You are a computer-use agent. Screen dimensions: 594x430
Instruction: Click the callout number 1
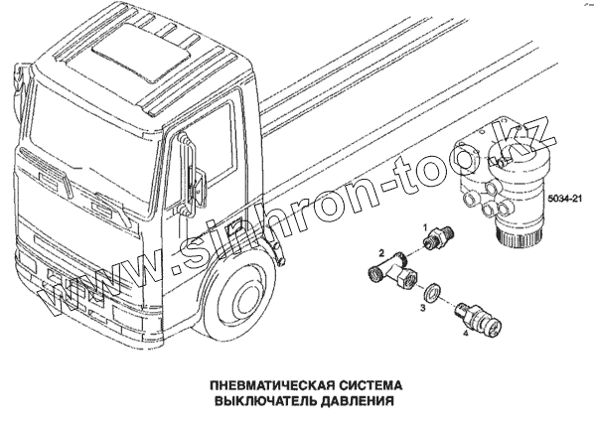(x=425, y=227)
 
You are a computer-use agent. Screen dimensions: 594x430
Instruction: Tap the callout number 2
(x=382, y=252)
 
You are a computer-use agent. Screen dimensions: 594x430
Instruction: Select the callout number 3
(x=423, y=308)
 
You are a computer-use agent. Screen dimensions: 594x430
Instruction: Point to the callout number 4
(x=465, y=334)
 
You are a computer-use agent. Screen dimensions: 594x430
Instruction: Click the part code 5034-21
(x=564, y=198)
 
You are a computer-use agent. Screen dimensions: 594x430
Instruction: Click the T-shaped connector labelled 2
(x=392, y=270)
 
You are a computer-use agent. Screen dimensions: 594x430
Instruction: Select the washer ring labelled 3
(x=432, y=293)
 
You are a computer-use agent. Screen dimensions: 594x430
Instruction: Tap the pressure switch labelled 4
(x=479, y=319)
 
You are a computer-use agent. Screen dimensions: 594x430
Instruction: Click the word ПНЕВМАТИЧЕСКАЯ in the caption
(x=271, y=385)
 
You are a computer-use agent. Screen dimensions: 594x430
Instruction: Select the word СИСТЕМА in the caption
(x=370, y=385)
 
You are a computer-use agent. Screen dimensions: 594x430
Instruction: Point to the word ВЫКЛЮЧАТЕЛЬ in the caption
(x=265, y=401)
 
